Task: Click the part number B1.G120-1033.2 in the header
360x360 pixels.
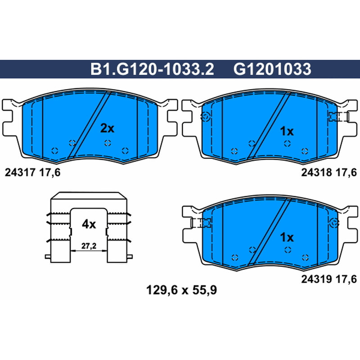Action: [x=152, y=69]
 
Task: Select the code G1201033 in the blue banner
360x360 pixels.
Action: [x=272, y=69]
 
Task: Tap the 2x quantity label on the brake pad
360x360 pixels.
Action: [x=107, y=128]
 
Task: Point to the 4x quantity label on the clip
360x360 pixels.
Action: [x=89, y=224]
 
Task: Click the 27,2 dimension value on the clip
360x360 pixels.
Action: [x=89, y=246]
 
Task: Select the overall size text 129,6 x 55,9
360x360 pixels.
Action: [x=181, y=290]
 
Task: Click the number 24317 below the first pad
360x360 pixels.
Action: [x=20, y=172]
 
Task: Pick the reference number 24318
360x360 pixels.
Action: [x=317, y=172]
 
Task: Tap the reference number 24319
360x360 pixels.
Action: [x=317, y=279]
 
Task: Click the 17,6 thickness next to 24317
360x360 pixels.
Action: [x=50, y=172]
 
